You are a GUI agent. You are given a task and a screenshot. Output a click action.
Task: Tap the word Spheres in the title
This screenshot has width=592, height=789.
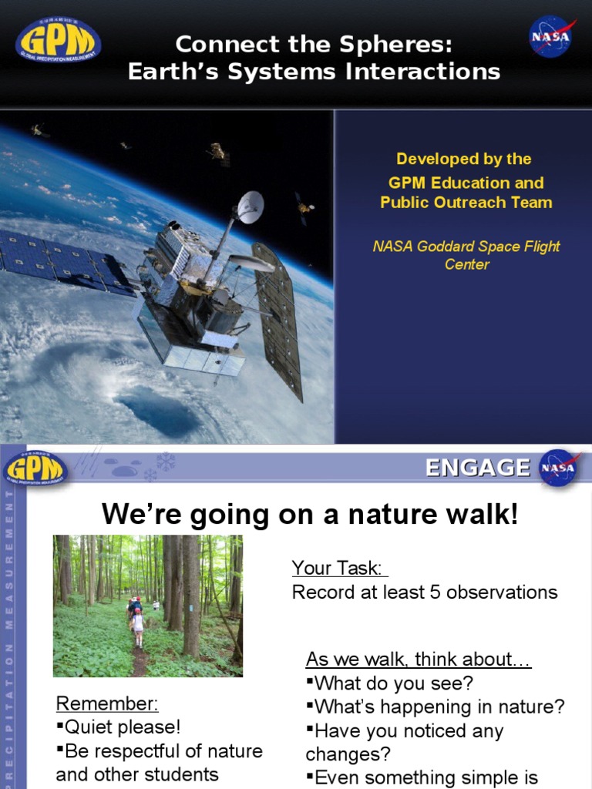click(399, 45)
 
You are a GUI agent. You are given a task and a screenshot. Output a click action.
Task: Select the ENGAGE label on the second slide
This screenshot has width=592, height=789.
click(478, 468)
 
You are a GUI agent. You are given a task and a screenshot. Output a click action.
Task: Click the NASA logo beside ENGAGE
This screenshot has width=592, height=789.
click(560, 468)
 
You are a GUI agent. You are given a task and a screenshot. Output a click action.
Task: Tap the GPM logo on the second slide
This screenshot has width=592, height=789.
click(36, 468)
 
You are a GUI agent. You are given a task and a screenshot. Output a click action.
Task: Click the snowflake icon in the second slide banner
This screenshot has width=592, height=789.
click(165, 462)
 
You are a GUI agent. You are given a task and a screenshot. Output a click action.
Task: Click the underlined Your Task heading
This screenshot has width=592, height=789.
click(339, 569)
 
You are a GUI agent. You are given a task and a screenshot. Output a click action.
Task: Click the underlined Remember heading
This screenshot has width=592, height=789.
click(107, 703)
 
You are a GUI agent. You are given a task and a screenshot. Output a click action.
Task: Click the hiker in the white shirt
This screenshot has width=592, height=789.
click(138, 623)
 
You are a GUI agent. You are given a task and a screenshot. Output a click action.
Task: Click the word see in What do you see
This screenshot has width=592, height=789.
click(450, 683)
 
